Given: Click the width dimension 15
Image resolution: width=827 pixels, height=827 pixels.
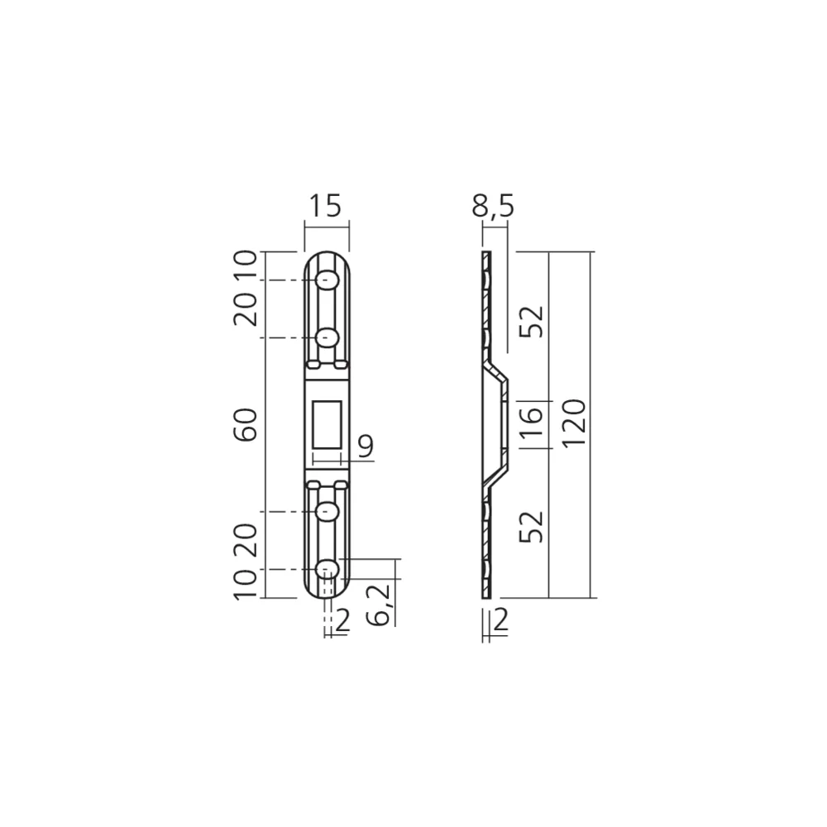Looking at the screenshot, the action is tap(325, 206).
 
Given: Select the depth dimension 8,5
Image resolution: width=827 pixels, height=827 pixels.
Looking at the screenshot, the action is tap(493, 206).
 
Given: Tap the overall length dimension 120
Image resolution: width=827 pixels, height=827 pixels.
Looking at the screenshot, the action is tap(574, 423).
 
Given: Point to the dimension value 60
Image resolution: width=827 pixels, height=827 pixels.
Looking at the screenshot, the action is tap(246, 424).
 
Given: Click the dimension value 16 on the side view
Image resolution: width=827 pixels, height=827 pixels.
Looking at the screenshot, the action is tap(531, 423).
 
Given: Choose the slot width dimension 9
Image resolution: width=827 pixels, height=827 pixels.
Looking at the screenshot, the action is tap(365, 447).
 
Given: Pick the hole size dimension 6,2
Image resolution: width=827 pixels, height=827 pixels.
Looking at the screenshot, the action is tap(379, 605).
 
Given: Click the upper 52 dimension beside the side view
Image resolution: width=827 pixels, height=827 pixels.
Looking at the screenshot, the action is tap(531, 321).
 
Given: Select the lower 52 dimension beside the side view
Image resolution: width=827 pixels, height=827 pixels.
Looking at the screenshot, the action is tap(531, 526).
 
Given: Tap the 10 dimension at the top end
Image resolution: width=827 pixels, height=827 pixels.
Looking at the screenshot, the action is tap(246, 265).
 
